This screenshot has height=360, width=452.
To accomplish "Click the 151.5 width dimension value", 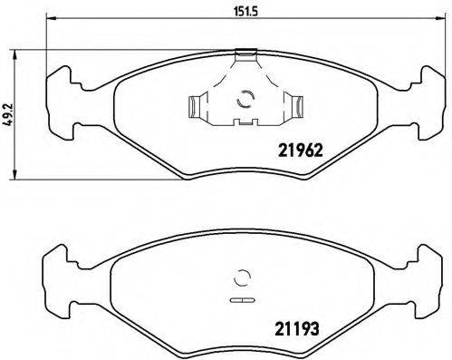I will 238,13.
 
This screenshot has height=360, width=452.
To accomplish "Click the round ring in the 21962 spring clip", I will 242,101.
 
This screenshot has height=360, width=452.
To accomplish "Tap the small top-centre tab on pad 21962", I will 243,54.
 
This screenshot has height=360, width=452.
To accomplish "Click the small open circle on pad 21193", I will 242,278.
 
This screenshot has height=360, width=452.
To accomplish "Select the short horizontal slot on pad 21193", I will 242,298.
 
